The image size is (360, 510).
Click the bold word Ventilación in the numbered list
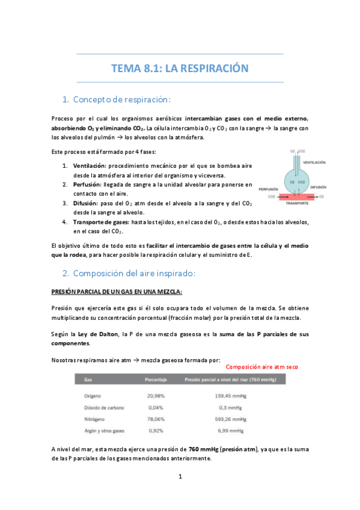coord(90,165)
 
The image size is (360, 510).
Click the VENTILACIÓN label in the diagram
coord(319,162)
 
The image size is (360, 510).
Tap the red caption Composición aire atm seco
coord(262,367)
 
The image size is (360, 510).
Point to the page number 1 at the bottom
coord(180,477)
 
